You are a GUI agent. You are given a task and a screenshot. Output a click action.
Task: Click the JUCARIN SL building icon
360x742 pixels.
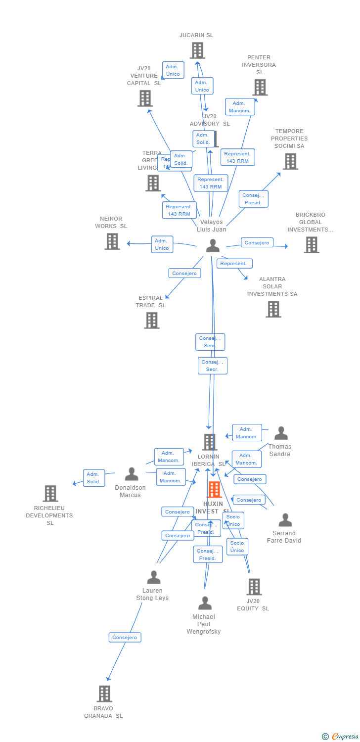coord(197,50)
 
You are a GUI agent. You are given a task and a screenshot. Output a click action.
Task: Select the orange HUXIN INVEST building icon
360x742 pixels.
coord(214,490)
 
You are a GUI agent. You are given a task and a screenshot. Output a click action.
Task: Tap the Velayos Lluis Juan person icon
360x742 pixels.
coord(213,246)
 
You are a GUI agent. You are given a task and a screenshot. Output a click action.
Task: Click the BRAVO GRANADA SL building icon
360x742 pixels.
coord(104,694)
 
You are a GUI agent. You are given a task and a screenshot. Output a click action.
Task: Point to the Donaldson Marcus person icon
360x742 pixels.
coord(132,474)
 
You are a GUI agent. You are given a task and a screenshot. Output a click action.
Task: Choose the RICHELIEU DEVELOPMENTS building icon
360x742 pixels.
coord(50,493)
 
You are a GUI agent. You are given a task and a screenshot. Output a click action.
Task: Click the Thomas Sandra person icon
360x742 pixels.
coord(281,433)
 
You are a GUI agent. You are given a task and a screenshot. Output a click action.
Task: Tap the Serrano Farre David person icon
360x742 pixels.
coord(285,520)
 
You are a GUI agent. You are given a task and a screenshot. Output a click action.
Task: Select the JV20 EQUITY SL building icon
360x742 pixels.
coord(254,587)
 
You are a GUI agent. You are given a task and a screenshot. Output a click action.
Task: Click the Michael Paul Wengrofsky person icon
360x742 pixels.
coord(205,603)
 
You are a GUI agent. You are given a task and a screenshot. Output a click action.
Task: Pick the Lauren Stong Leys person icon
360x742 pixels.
coord(154,577)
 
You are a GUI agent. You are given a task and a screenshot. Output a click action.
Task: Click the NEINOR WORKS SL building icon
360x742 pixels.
coord(112,241)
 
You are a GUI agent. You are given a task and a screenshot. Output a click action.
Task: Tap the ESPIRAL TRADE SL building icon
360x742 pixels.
coord(152,320)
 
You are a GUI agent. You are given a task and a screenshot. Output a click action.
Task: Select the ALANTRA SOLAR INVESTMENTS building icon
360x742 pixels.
coord(273,309)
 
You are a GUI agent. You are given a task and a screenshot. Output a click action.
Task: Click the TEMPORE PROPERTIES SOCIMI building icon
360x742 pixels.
coord(290,161)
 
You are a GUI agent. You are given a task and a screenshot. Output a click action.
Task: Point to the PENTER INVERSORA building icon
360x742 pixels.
coord(260,88)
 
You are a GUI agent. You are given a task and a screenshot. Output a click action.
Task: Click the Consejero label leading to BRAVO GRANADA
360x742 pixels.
coord(125,638)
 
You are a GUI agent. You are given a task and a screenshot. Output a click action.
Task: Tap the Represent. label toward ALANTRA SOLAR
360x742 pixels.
coord(233,264)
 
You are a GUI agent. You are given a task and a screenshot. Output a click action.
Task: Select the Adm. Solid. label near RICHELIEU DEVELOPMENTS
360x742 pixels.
coord(94,478)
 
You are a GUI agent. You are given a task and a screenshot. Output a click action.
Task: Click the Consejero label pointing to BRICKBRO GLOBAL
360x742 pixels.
coord(257,243)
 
